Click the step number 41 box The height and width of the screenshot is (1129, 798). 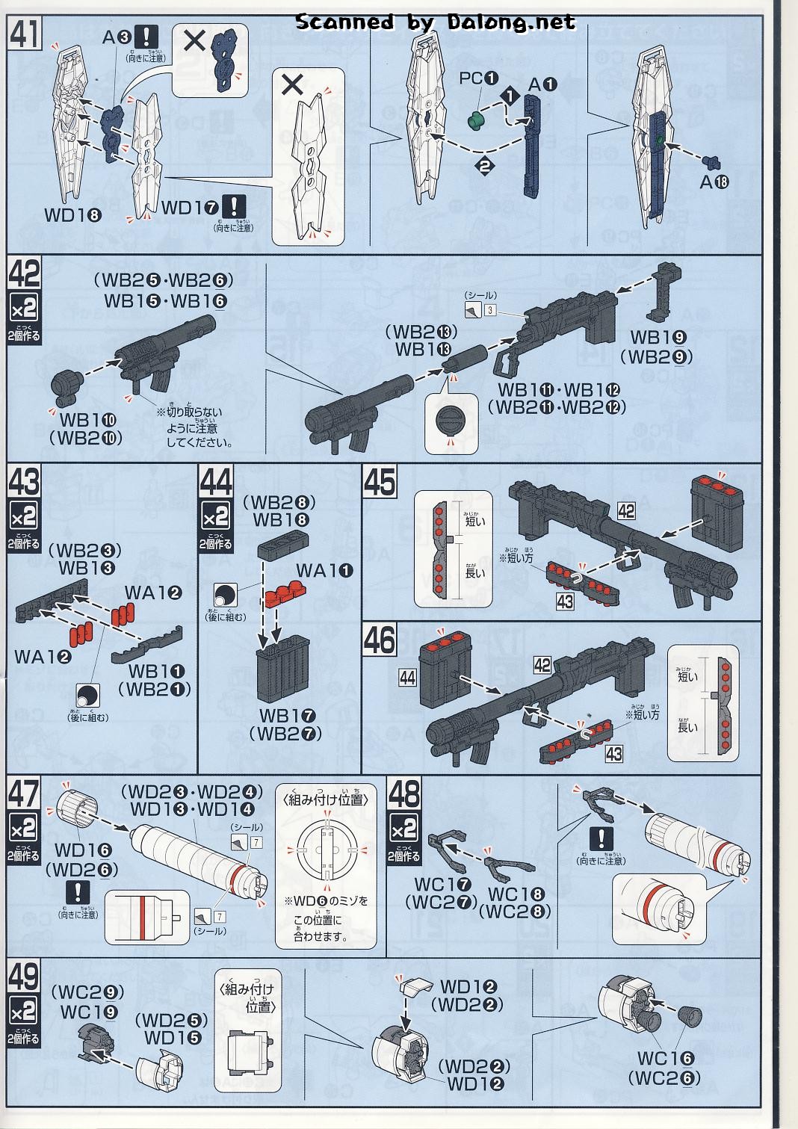[x=25, y=33]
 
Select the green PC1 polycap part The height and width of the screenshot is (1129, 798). [x=474, y=119]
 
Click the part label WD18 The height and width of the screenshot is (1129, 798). [x=72, y=215]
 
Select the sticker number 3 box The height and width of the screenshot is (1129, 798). [x=490, y=309]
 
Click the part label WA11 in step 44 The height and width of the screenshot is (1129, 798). [x=324, y=570]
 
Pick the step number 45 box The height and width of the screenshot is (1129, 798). [x=380, y=481]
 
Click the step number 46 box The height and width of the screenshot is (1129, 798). [x=380, y=641]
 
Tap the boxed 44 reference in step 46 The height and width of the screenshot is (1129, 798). [x=408, y=677]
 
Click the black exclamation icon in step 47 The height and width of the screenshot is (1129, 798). [x=78, y=892]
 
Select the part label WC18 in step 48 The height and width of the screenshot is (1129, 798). [x=517, y=894]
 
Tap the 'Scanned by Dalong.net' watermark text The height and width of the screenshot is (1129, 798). [x=436, y=22]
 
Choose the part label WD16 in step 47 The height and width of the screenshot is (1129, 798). [x=83, y=850]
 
